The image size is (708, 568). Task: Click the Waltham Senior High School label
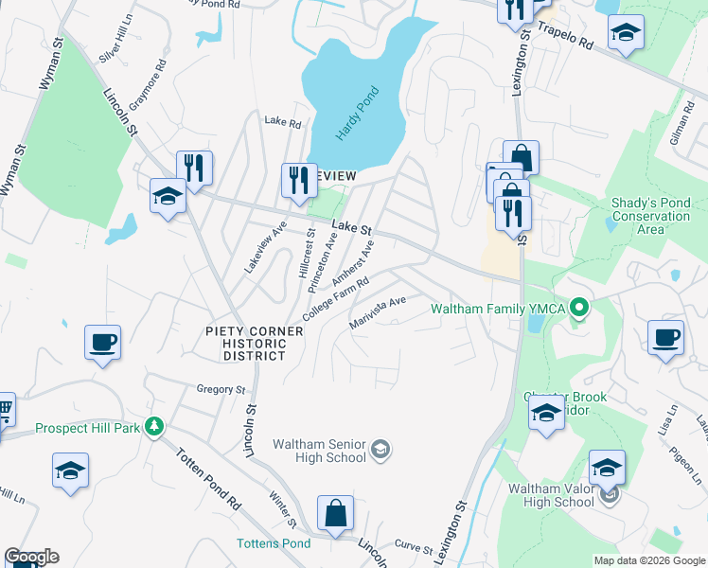[319, 451]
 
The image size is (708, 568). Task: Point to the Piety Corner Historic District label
[255, 343]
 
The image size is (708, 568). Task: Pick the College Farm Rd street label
[335, 298]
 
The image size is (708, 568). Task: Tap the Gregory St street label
[221, 389]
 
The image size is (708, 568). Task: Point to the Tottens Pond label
[273, 543]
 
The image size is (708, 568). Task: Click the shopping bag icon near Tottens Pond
[336, 513]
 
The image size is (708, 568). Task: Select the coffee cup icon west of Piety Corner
[102, 342]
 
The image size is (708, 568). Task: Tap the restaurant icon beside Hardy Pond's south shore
[299, 179]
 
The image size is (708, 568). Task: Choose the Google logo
[31, 557]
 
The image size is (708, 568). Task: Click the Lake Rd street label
[282, 122]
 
